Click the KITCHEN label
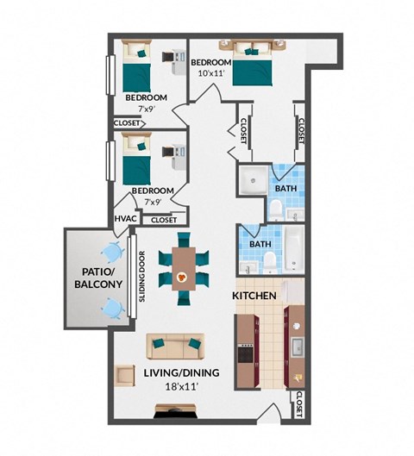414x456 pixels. pyautogui.click(x=254, y=297)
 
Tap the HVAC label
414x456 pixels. pyautogui.click(x=124, y=220)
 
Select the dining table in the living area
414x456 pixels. pyautogui.click(x=182, y=268)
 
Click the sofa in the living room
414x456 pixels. pyautogui.click(x=176, y=346)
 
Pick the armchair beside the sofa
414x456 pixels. pyautogui.click(x=126, y=377)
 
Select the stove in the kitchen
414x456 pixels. pyautogui.click(x=245, y=352)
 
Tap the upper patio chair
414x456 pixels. pyautogui.click(x=112, y=252)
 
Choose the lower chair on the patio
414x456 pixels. pyautogui.click(x=111, y=307)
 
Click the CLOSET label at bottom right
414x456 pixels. pyautogui.click(x=298, y=404)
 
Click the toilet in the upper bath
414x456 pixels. pyautogui.click(x=275, y=208)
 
